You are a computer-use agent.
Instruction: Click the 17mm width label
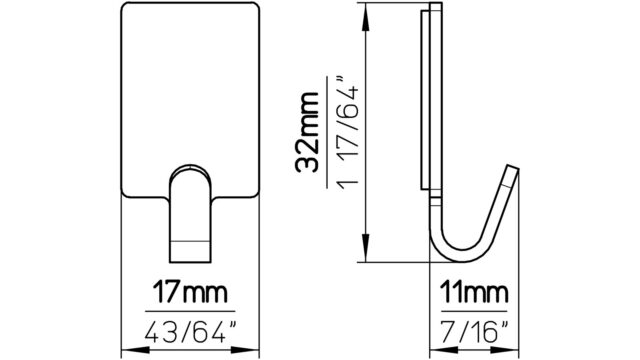click(x=190, y=292)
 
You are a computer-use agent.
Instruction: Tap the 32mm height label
click(x=307, y=133)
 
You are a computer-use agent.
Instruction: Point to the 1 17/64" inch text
click(x=347, y=132)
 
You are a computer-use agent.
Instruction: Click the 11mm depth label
click(x=474, y=292)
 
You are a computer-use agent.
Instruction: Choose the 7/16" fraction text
click(x=475, y=332)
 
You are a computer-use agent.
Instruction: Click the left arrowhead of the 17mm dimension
click(x=136, y=350)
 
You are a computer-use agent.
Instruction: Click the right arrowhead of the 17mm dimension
click(x=246, y=350)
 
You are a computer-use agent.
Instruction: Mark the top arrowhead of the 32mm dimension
click(x=366, y=16)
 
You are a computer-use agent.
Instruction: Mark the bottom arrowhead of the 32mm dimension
click(x=366, y=248)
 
